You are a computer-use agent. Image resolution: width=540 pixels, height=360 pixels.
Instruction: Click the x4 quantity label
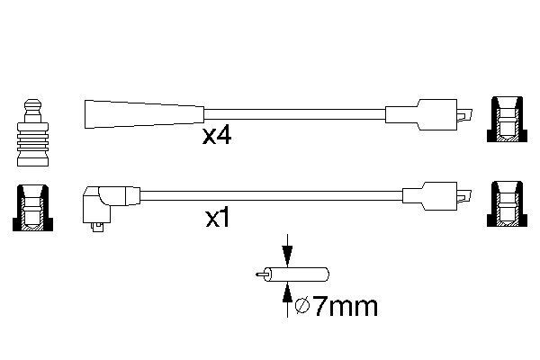[x=217, y=136]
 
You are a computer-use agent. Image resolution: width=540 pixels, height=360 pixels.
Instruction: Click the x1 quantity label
[x=218, y=218]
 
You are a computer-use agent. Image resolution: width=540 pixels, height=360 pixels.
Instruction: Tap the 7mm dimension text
[x=346, y=307]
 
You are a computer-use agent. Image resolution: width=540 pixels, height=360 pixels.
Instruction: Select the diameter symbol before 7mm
[x=302, y=307]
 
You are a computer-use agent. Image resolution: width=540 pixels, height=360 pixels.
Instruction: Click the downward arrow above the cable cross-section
[x=287, y=251]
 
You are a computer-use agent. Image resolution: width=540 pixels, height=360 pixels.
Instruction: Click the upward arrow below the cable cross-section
[x=287, y=299]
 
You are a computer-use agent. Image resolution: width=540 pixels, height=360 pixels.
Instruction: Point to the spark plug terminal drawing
[x=32, y=133]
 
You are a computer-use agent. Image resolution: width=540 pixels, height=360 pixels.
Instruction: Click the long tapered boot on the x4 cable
[x=144, y=114]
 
